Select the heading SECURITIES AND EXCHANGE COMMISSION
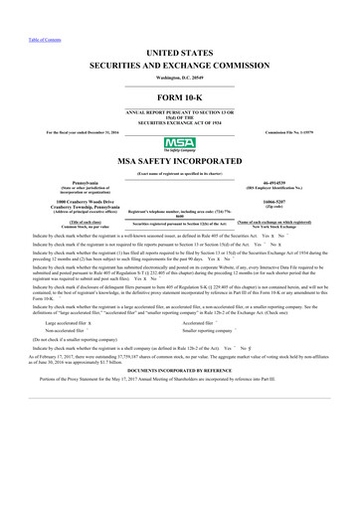click(179, 62)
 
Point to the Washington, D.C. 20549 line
click(179, 76)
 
